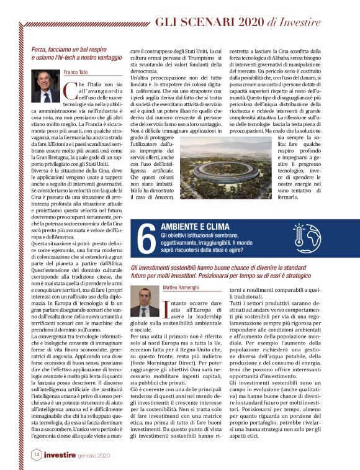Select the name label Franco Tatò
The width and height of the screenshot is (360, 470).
77,72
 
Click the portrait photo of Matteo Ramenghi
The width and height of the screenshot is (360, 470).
145,302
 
